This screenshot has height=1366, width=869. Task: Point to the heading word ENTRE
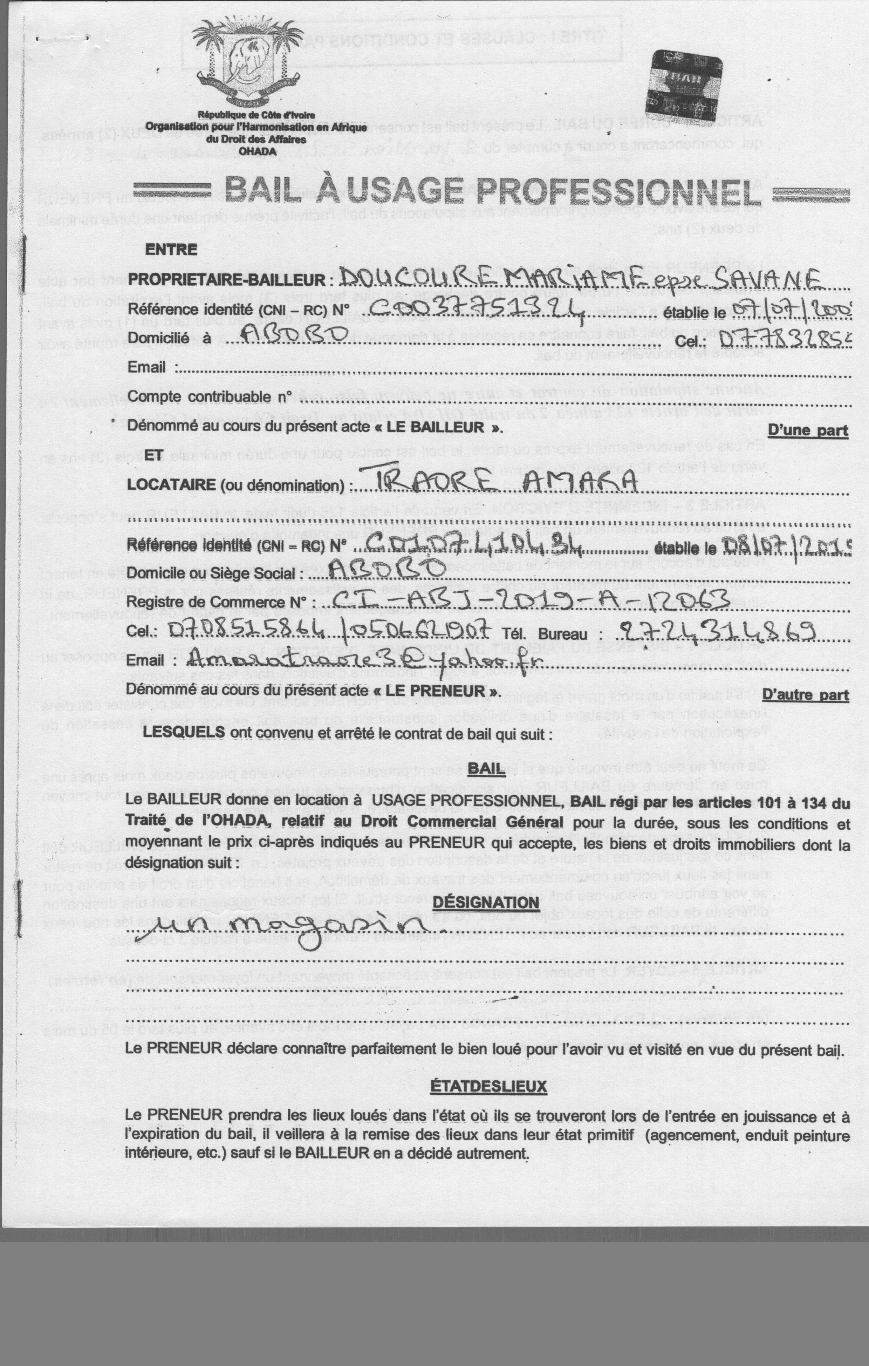171,250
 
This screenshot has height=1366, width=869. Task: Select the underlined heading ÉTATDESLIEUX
488,1086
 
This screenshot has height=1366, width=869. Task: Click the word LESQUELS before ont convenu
184,732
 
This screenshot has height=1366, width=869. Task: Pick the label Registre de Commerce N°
215,601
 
